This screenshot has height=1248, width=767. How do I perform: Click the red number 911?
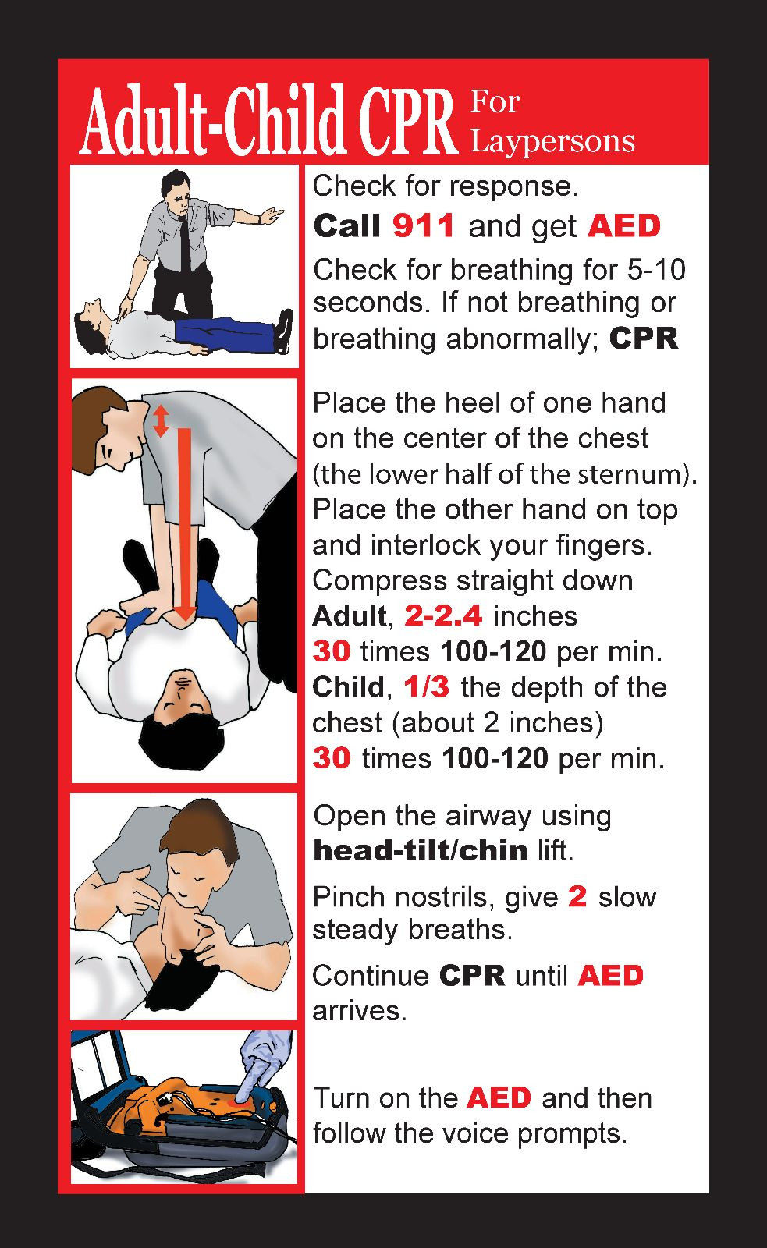coord(423,226)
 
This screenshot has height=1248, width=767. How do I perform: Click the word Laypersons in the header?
coord(552,141)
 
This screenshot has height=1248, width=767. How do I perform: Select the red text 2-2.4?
coord(443,616)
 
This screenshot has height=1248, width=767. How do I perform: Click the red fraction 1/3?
coord(427,687)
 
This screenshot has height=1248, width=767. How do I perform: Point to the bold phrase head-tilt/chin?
coord(420,850)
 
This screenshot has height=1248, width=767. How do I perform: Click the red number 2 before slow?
coord(577,896)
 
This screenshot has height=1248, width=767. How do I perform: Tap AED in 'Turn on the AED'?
coord(499,1097)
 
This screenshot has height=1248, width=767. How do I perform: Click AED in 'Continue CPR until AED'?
coord(610,976)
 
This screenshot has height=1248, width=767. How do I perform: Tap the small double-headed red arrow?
coord(161,420)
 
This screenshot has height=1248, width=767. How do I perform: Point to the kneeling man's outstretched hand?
coord(272,213)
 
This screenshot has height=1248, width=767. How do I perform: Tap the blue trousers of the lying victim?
coord(226,331)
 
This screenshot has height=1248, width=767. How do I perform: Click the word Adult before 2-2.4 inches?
coord(349,616)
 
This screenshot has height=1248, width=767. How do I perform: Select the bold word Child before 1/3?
coord(348,687)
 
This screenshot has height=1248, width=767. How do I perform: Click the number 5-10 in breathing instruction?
coord(655,270)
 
